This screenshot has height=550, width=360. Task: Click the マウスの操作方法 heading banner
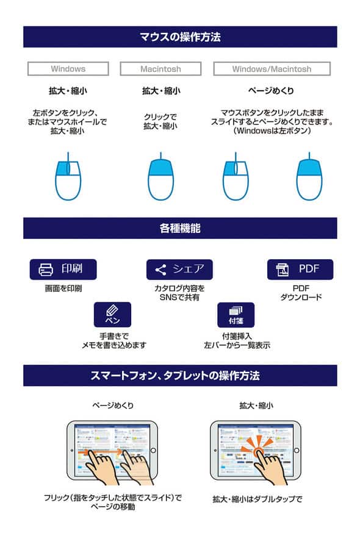180,37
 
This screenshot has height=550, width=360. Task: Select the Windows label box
68,69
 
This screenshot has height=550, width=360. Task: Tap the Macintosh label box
160,69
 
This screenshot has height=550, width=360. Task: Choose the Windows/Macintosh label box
272,69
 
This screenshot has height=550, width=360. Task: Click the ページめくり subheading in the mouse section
272,91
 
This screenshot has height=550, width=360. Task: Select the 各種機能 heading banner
180,228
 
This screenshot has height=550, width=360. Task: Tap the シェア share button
179,270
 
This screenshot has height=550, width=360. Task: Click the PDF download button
300,270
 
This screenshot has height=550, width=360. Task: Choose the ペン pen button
112,315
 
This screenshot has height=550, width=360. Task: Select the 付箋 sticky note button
236,315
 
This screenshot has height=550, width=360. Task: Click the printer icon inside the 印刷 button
46,270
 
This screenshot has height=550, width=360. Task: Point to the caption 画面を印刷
63,288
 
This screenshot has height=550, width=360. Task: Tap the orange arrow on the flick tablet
100,452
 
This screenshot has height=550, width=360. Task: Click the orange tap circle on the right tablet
259,452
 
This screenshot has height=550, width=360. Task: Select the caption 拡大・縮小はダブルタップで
257,499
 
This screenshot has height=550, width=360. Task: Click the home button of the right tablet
297,451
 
